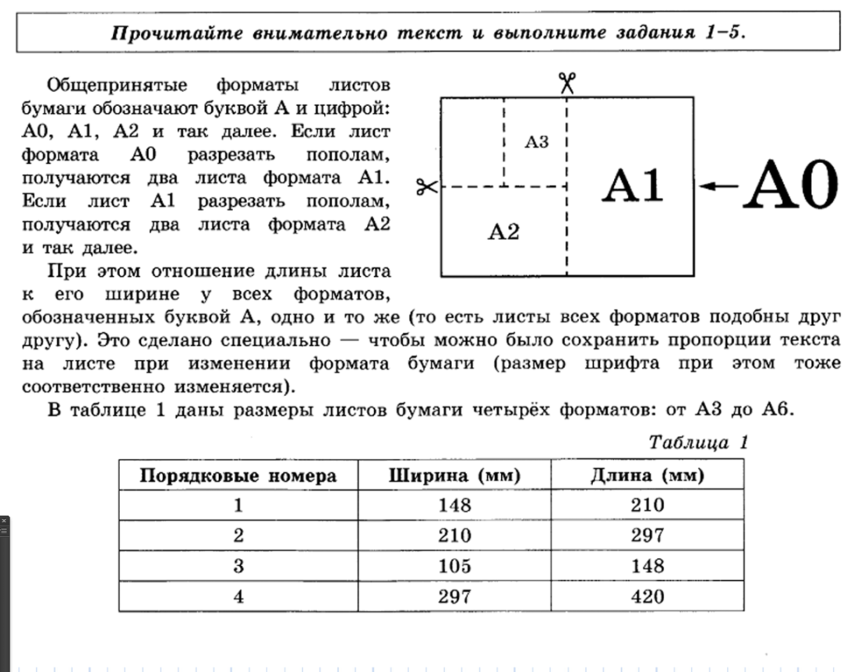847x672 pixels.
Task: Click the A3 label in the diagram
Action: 536,142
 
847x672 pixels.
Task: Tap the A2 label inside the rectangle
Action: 503,231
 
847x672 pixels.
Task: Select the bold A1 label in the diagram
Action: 633,187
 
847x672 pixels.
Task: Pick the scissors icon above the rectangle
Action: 567,82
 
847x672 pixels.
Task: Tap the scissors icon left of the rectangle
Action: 426,187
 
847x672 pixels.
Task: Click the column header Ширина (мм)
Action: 455,476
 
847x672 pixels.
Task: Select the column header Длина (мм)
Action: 647,476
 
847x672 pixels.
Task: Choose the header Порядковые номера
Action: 238,476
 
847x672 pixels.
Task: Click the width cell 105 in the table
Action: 455,566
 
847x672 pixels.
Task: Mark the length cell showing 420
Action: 647,597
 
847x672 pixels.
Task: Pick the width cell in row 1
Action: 455,506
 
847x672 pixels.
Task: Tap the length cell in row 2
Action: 647,536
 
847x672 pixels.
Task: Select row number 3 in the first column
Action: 238,566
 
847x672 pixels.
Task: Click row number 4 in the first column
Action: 238,597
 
